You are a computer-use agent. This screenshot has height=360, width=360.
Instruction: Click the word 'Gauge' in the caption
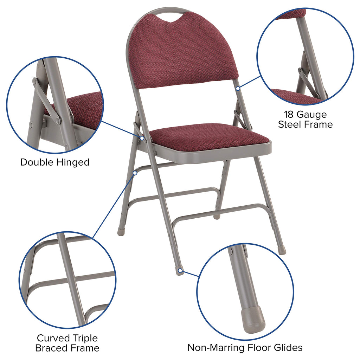click(x=312, y=115)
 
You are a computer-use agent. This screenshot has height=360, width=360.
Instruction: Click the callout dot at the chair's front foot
click(x=180, y=271)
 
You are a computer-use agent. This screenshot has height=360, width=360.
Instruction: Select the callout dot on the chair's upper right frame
click(x=238, y=89)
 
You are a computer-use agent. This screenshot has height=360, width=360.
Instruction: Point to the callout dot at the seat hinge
click(x=142, y=138)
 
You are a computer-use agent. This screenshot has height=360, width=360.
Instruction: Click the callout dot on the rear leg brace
click(x=135, y=173)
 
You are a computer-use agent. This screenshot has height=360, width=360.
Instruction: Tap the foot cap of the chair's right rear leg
click(x=282, y=251)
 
